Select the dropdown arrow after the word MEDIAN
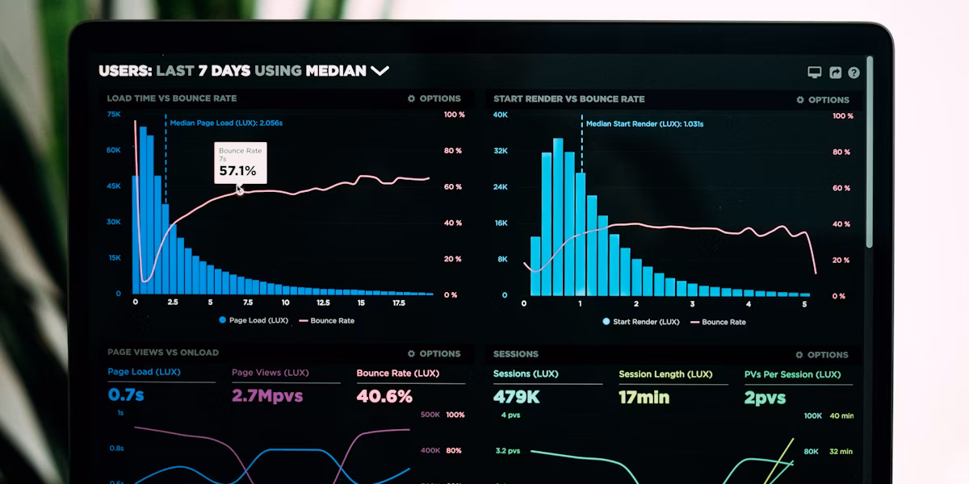click(380, 71)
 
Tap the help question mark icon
click(854, 73)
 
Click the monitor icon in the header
click(815, 73)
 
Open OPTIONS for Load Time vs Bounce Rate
click(434, 98)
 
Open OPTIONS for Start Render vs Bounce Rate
click(823, 100)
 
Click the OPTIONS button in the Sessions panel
click(822, 355)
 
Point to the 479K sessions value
click(516, 397)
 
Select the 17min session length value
click(644, 397)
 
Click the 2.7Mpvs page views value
click(267, 396)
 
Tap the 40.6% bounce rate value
click(384, 396)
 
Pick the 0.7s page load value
click(126, 395)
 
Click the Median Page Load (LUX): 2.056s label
click(226, 123)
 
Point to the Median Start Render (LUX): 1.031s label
click(644, 124)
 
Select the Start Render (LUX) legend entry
click(641, 322)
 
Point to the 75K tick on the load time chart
click(114, 115)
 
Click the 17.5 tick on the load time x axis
click(399, 302)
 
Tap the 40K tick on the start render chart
click(501, 115)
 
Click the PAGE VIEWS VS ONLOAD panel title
click(163, 353)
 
